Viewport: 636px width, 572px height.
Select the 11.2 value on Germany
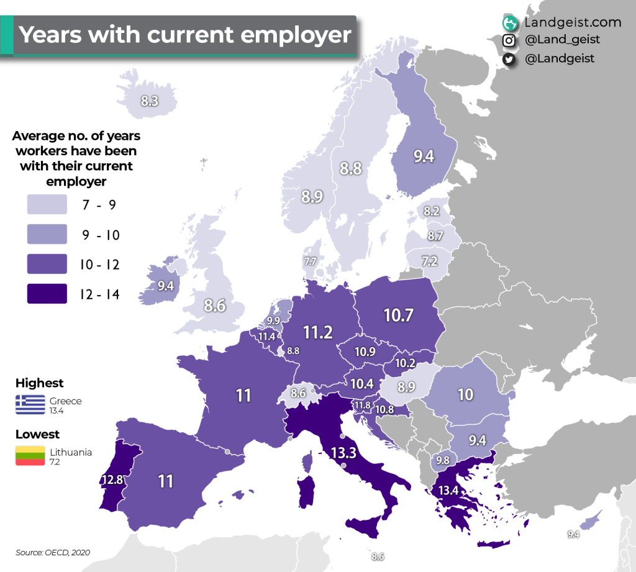(318, 332)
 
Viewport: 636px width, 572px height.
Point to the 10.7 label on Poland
(399, 316)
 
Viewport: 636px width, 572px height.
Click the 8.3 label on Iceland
(149, 99)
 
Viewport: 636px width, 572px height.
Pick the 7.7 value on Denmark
(310, 261)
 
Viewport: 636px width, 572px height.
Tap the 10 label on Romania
(465, 394)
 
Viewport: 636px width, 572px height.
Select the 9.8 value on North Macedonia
(443, 460)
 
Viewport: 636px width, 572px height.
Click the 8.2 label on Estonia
(432, 212)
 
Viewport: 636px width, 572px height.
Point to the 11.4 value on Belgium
(267, 337)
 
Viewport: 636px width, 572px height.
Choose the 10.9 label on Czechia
(365, 352)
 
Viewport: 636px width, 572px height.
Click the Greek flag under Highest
(30, 404)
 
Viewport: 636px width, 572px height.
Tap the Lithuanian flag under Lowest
(30, 455)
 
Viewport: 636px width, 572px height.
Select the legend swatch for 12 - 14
(47, 294)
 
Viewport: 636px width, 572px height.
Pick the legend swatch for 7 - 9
(47, 204)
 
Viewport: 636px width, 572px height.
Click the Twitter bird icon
(509, 59)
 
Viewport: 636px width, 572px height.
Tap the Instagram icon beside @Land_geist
(509, 40)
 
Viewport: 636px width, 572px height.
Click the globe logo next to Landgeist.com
(510, 23)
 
